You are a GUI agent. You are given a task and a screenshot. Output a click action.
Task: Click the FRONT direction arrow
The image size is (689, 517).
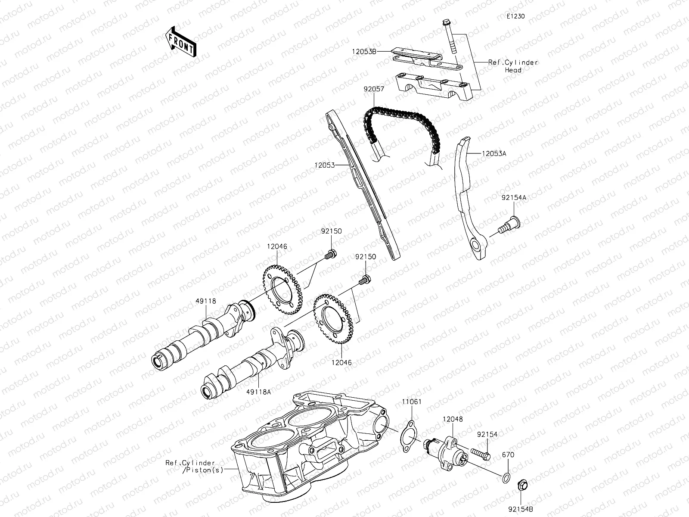click(x=180, y=42)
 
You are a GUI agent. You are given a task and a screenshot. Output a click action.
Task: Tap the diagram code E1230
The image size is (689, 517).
click(x=515, y=17)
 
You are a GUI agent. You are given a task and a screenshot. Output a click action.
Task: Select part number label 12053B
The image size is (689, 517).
click(x=364, y=51)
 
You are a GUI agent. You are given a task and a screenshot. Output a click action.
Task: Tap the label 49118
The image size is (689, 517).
click(x=205, y=302)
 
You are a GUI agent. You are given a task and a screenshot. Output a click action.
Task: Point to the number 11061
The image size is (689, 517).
click(x=412, y=402)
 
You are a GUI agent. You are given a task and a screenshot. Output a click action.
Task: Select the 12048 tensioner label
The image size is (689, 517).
click(x=453, y=419)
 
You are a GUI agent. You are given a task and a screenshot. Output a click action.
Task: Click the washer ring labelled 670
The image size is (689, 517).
click(x=507, y=477)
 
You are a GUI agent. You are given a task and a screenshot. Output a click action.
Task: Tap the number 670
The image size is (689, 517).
click(x=508, y=455)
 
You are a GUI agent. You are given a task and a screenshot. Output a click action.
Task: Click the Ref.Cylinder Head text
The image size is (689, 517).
click(x=513, y=66)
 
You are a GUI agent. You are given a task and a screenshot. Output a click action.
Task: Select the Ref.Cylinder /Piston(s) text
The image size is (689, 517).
click(x=193, y=466)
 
